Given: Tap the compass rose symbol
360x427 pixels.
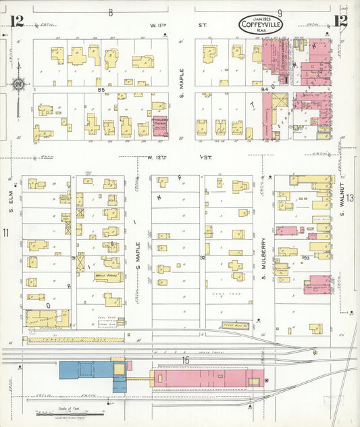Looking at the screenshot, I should coord(18,84).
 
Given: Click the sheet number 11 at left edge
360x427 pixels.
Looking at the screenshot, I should coord(5,233).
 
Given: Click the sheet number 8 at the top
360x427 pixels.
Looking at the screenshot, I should coord(110,12).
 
